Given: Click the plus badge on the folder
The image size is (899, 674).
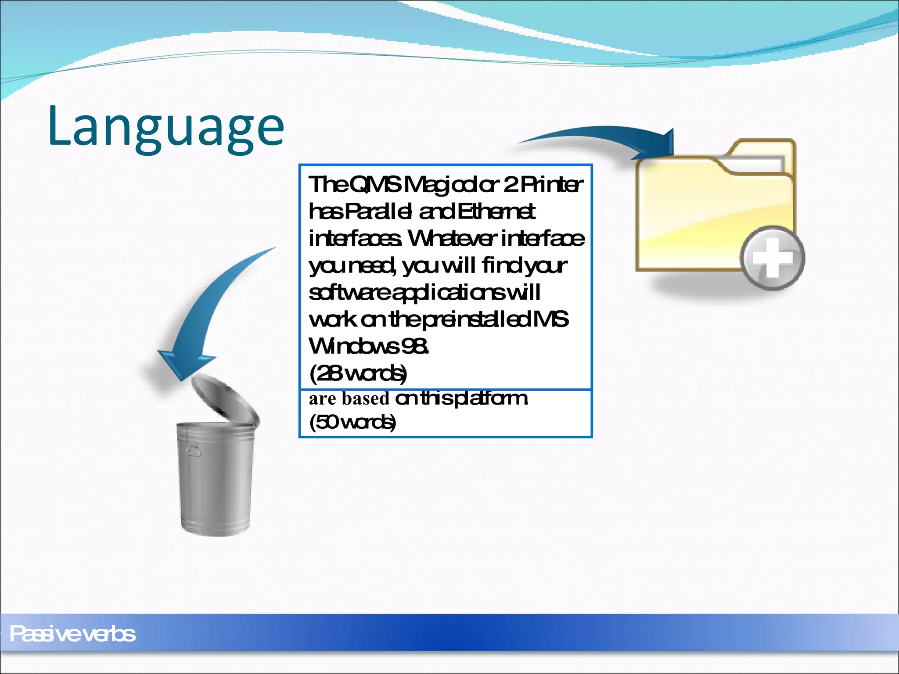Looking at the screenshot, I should tap(773, 258).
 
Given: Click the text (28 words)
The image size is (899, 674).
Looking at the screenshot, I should tap(358, 373).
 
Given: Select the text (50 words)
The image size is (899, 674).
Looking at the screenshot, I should tap(352, 422).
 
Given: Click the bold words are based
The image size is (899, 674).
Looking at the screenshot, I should tap(349, 398).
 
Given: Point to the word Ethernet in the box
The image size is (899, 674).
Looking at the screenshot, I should tap(496, 212).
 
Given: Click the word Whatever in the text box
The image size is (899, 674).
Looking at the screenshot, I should tap(452, 239).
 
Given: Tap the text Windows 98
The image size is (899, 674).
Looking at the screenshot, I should tap(369, 346).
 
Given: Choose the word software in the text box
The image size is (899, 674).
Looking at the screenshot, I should tap(349, 293).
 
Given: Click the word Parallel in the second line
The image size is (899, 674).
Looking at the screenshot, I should tap(378, 212).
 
